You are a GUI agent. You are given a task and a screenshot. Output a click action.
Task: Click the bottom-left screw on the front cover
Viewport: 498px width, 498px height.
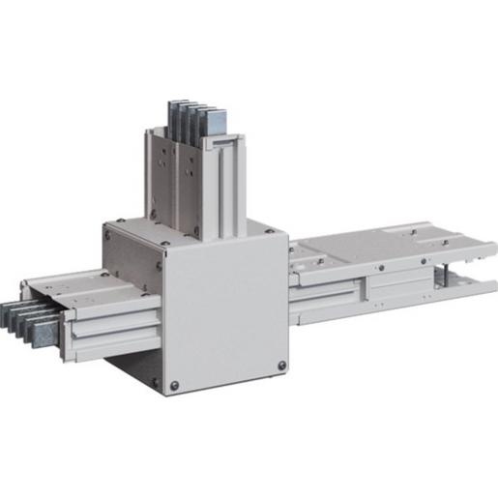pos(174,385)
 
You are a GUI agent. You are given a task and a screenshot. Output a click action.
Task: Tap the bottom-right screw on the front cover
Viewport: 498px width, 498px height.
pos(281,366)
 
